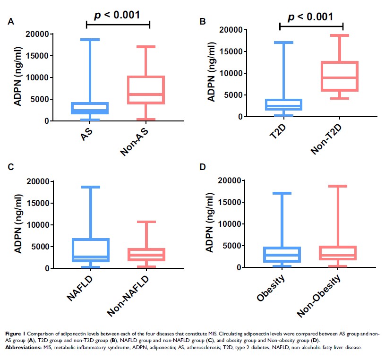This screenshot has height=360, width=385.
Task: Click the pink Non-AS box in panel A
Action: coord(149,90)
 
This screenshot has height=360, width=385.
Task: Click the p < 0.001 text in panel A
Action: coord(118,15)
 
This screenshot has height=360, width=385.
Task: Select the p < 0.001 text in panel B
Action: coord(311,17)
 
